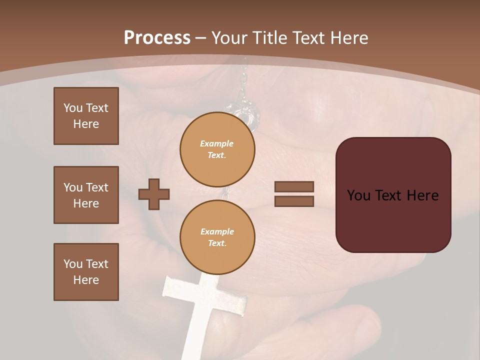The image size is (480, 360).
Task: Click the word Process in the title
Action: point(157,38)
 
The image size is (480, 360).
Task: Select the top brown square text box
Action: point(86,116)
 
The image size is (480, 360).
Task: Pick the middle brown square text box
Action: point(86,195)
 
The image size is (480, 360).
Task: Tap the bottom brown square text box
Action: point(86,272)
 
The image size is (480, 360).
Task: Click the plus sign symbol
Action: point(154,194)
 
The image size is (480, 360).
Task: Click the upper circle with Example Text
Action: point(217,149)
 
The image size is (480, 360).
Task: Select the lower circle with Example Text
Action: point(217,237)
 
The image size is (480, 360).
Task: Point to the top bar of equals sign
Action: point(294,186)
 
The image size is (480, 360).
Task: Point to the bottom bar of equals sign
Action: point(294,201)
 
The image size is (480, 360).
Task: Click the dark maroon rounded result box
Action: point(393,195)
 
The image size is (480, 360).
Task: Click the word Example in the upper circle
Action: point(217,143)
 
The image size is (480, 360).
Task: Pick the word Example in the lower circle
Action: point(217,231)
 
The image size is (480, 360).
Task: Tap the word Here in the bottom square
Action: point(86,280)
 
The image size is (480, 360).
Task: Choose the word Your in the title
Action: point(229,38)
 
